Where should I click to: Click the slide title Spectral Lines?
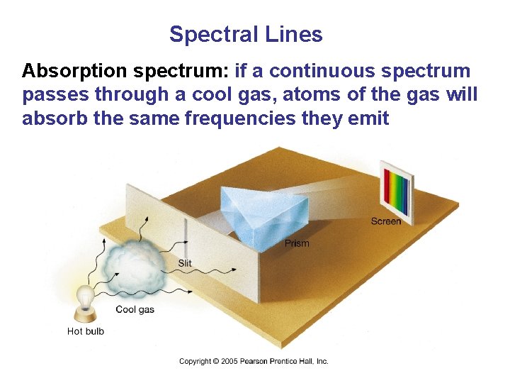246,34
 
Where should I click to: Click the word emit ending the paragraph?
369,118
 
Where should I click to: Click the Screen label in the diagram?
385,221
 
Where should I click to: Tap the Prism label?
297,243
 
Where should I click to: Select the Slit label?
185,263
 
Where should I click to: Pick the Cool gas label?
135,309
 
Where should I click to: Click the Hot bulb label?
85,331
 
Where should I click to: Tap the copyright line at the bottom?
254,362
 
